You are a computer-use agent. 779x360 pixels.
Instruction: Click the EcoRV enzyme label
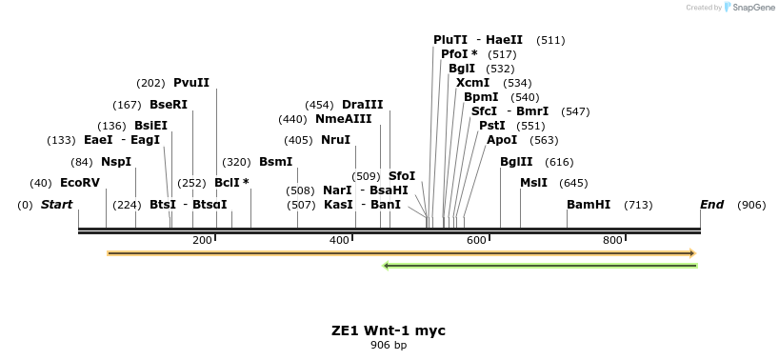[x=79, y=183]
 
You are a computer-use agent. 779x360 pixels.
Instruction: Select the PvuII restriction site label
[x=191, y=83]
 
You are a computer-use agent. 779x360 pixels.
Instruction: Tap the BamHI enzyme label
[x=589, y=205]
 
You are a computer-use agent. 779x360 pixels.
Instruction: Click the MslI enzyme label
[x=533, y=183]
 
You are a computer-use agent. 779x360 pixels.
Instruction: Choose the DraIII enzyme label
[x=362, y=105]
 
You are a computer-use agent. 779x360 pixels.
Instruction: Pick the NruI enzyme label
[x=335, y=140]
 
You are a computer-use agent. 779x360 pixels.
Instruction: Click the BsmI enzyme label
[x=276, y=162]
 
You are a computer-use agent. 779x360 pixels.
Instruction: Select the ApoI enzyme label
[x=502, y=140]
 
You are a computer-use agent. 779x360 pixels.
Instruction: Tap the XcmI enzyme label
[x=473, y=83]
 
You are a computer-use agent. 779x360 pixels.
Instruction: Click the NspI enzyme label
[x=116, y=162]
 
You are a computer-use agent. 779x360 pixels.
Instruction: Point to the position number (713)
[x=638, y=205]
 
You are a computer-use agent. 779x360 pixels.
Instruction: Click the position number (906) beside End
[x=751, y=205]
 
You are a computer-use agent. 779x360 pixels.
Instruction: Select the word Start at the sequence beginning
[x=56, y=205]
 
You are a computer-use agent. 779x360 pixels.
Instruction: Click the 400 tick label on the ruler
[x=339, y=240]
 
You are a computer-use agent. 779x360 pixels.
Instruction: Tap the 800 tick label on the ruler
[x=613, y=240]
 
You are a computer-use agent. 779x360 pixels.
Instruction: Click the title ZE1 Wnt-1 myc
[x=389, y=330]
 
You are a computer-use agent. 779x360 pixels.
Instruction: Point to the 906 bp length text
[x=389, y=345]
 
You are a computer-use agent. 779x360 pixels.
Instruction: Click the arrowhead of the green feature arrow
[x=387, y=265]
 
